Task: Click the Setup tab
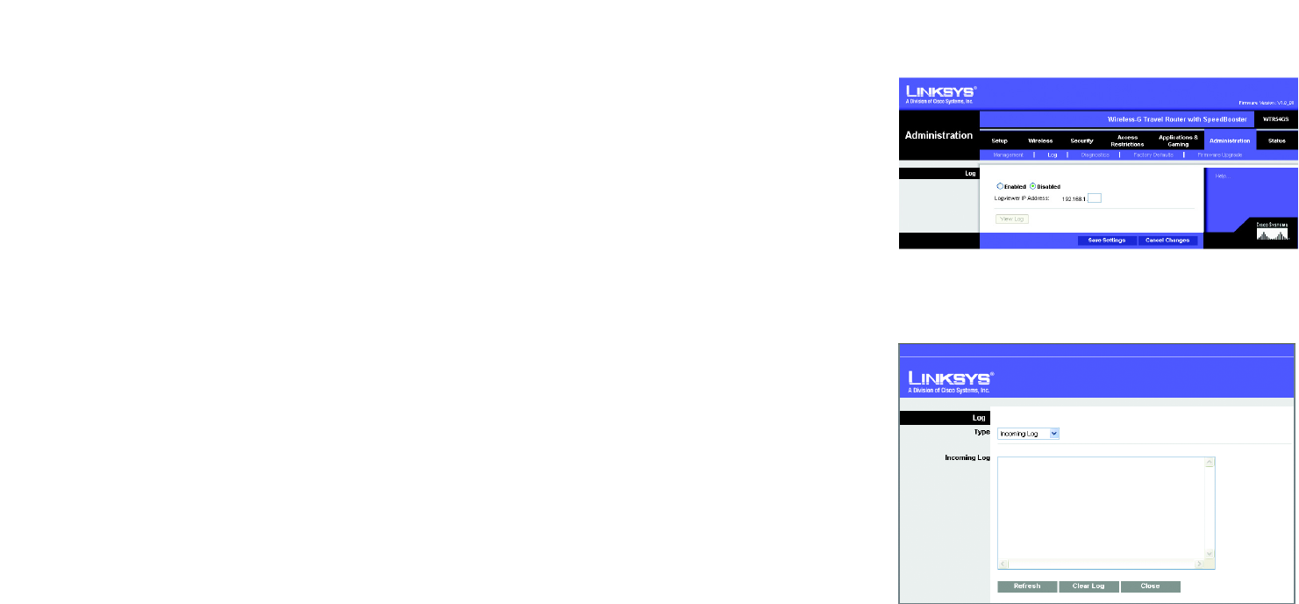point(1000,140)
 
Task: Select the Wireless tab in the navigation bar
point(1040,140)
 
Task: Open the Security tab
point(1081,140)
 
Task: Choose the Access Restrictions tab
point(1127,140)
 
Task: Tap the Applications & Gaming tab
point(1178,140)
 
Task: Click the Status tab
point(1276,140)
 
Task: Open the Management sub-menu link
point(1008,155)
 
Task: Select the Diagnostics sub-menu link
point(1095,155)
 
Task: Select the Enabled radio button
point(1000,186)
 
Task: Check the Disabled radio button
point(1032,186)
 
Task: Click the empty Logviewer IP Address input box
point(1094,198)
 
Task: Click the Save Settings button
point(1107,240)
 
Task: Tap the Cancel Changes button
point(1167,240)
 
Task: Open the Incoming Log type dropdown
point(1028,433)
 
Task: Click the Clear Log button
point(1088,586)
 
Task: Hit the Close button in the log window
point(1150,586)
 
